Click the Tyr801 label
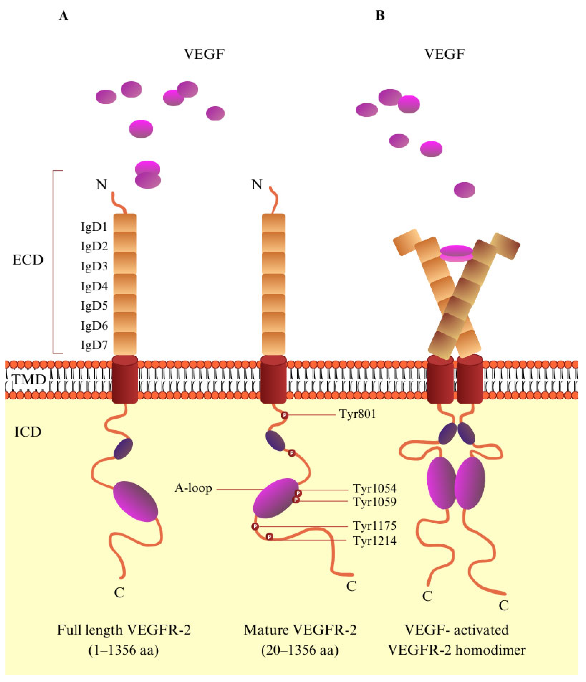coord(358,414)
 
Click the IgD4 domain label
coord(94,286)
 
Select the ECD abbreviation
coord(28,260)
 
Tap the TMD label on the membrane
coord(29,380)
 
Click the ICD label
coord(28,432)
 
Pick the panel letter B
coord(380,15)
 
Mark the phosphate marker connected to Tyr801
coord(284,415)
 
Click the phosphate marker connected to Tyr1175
coord(255,526)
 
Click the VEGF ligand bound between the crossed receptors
coord(457,253)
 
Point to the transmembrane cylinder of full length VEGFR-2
coord(125,379)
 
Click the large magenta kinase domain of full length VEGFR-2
coord(136,501)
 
